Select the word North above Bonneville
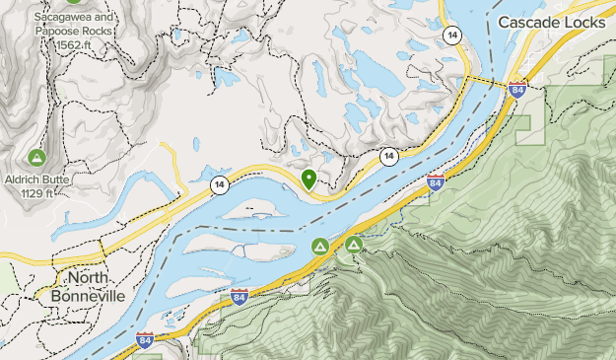click(x=90, y=277)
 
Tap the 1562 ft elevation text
click(x=81, y=45)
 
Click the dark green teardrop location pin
click(x=309, y=179)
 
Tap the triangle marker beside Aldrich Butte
click(x=36, y=156)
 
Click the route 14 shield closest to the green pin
click(x=389, y=156)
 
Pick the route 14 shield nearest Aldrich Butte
click(x=217, y=183)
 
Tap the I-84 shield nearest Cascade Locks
click(x=517, y=90)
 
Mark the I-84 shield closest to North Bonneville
click(x=144, y=342)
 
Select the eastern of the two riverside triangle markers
click(x=353, y=243)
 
